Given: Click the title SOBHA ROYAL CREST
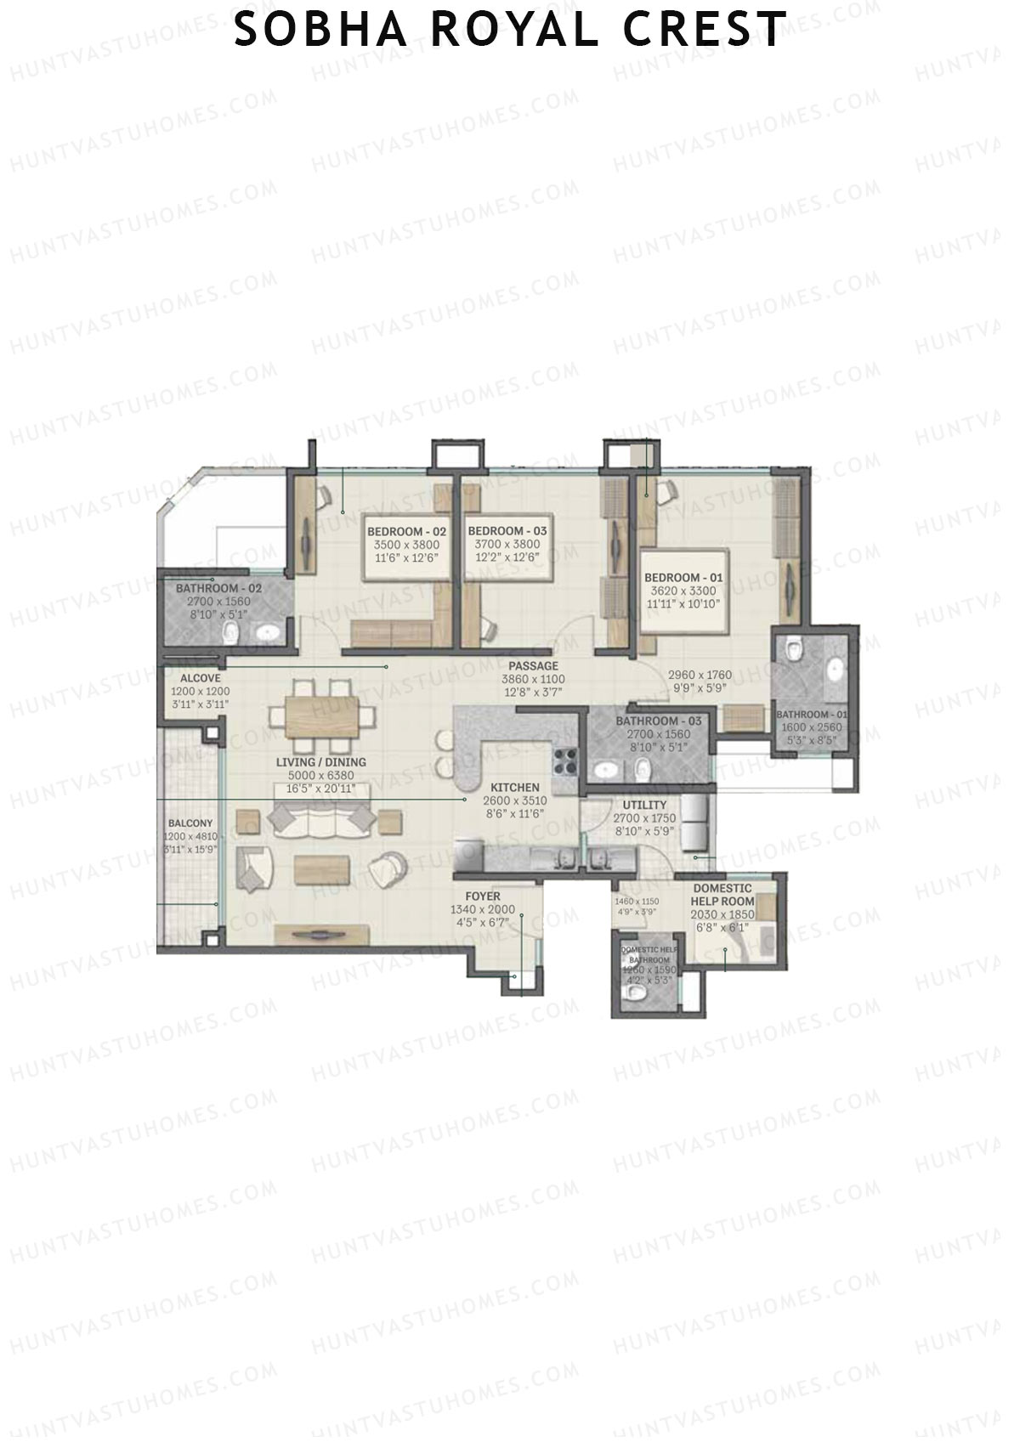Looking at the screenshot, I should point(509,30).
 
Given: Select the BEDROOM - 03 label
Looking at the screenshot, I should point(507,531).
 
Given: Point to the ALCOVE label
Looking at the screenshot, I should point(201,678).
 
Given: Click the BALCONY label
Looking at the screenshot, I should point(190,823).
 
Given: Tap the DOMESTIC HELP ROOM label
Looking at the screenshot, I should point(722,895).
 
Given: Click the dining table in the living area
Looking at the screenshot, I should point(321,719).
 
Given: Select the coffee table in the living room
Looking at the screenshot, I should point(322,868).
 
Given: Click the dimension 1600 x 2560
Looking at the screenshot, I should point(812,727).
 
